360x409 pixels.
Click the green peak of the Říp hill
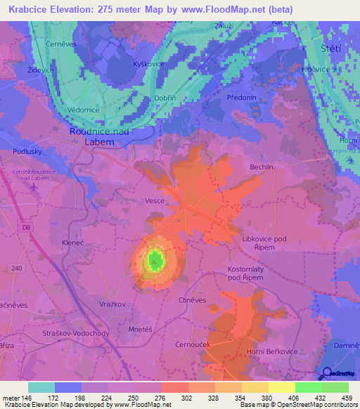[x=154, y=261]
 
